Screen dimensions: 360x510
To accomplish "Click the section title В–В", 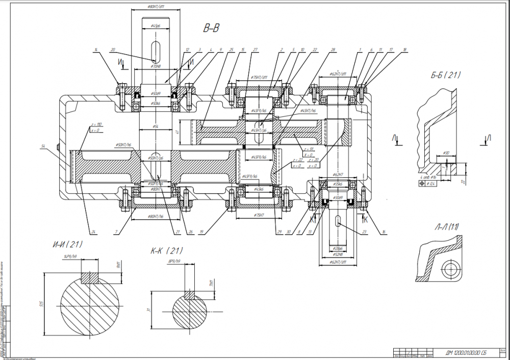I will (x=211, y=29).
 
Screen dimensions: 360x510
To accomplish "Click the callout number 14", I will (x=95, y=49).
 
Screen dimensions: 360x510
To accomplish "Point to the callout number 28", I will (x=333, y=49).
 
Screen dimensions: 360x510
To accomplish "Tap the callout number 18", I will (x=404, y=49).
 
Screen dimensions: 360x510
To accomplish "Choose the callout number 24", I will (x=94, y=232).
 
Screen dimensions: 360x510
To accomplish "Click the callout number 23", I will (x=363, y=232).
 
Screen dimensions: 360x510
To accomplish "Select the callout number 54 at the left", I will (x=44, y=146).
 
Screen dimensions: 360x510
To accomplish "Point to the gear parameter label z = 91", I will (x=308, y=148).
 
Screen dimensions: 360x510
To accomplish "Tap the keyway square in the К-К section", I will (x=190, y=295).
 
